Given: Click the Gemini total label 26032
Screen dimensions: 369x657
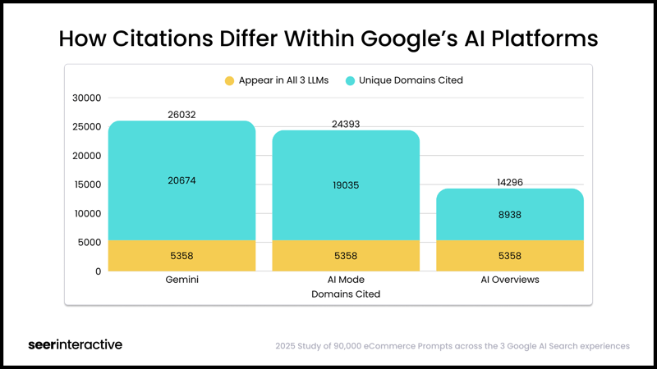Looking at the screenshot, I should pyautogui.click(x=181, y=115).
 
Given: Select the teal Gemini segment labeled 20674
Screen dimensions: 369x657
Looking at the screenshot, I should pyautogui.click(x=181, y=180).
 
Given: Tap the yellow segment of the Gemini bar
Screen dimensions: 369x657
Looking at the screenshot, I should pyautogui.click(x=181, y=256).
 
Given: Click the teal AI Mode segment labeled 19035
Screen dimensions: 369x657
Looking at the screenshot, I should pyautogui.click(x=346, y=185).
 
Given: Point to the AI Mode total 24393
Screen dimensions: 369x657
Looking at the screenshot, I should pyautogui.click(x=346, y=125).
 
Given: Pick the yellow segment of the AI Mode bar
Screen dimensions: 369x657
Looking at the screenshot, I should pyautogui.click(x=346, y=256).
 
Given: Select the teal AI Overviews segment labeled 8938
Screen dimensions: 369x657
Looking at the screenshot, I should pyautogui.click(x=510, y=215).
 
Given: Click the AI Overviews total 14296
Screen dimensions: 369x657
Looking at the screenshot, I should pyautogui.click(x=510, y=183).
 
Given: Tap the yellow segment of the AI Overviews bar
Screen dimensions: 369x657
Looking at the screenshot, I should pyautogui.click(x=510, y=256).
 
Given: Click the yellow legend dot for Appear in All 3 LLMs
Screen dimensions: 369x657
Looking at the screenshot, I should pyautogui.click(x=229, y=81).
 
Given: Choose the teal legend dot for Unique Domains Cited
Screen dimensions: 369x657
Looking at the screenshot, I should pyautogui.click(x=350, y=81).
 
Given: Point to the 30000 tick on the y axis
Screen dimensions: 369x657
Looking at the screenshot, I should pyautogui.click(x=86, y=98).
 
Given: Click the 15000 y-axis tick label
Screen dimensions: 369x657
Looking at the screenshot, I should pyautogui.click(x=86, y=184).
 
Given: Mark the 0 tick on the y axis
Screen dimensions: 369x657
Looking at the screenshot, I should pyautogui.click(x=98, y=271).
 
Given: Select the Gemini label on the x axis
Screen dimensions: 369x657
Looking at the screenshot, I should pyautogui.click(x=181, y=280).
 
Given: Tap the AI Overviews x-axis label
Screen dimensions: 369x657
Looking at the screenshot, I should pyautogui.click(x=510, y=280).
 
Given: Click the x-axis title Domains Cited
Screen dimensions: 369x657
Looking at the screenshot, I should pyautogui.click(x=346, y=294).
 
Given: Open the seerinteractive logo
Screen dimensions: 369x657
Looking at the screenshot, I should pyautogui.click(x=75, y=344).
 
